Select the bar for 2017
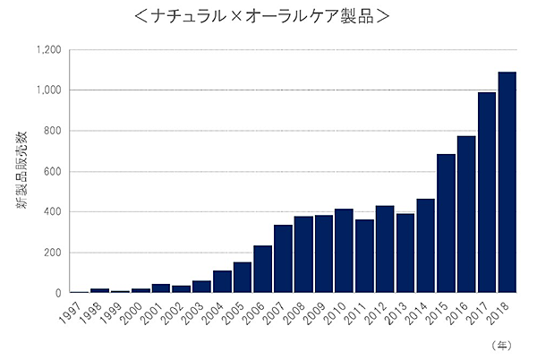(486, 193)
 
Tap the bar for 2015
(446, 223)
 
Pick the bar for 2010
(344, 251)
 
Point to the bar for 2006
(262, 269)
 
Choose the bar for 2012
(385, 249)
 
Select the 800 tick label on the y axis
(52, 131)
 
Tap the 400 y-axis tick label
(52, 212)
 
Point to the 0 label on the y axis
(58, 293)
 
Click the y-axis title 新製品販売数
(20, 171)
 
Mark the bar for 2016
(466, 214)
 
